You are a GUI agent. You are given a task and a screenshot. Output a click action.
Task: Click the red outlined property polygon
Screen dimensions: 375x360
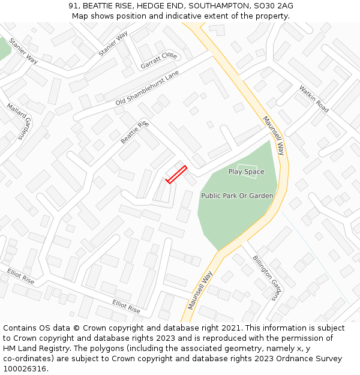tap(176, 174)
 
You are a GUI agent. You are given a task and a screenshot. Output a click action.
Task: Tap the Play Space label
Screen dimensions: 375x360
tap(246, 172)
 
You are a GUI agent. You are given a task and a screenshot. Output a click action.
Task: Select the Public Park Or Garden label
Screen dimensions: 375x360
tap(237, 196)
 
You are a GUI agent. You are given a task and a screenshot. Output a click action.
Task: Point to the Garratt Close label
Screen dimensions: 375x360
tap(159, 59)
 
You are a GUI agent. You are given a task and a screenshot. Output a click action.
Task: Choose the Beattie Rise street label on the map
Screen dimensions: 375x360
tap(134, 132)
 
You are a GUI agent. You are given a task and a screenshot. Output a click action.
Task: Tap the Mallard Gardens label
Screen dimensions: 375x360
tap(19, 121)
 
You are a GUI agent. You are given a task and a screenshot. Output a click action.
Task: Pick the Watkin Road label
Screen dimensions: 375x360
tap(314, 99)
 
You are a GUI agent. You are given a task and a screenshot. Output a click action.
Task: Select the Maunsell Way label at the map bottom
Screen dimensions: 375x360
tap(200, 290)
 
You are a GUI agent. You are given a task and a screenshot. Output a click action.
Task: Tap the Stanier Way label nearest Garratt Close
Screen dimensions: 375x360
tap(113, 44)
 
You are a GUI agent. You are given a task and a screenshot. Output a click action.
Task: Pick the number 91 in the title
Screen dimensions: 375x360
tap(73, 6)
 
